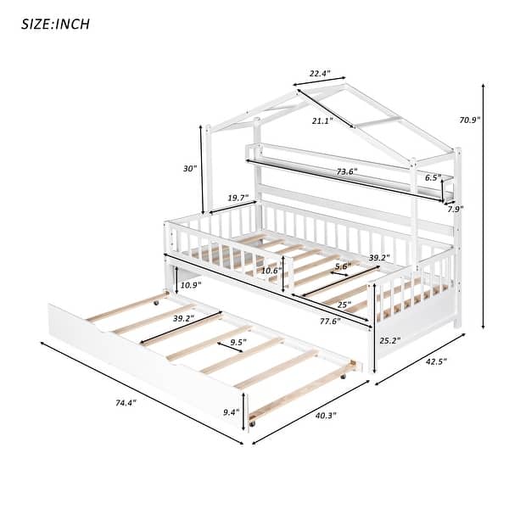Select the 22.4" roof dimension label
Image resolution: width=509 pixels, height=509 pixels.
pyautogui.click(x=319, y=74)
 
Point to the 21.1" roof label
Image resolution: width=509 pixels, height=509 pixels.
pyautogui.click(x=322, y=121)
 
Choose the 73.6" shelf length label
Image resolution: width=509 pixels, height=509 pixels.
pyautogui.click(x=345, y=171)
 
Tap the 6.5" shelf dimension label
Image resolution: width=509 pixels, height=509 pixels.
pyautogui.click(x=432, y=178)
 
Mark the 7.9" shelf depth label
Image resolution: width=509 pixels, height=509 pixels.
pyautogui.click(x=456, y=209)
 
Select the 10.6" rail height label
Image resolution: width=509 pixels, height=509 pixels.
pyautogui.click(x=271, y=271)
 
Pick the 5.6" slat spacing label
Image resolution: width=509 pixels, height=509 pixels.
pyautogui.click(x=343, y=266)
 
